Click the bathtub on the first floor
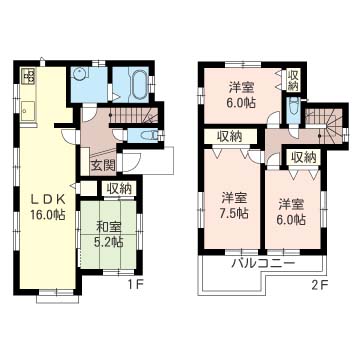tap(132, 84)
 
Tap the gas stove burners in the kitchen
tap(26, 77)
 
